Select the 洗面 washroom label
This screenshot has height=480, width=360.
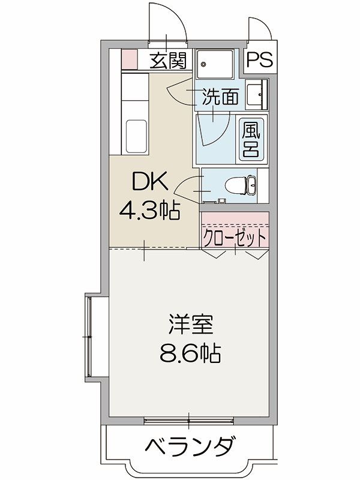tap(220, 97)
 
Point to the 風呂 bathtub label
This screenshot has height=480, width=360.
tap(250, 139)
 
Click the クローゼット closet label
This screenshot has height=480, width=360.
tap(235, 238)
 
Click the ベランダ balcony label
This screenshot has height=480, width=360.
tap(190, 446)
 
